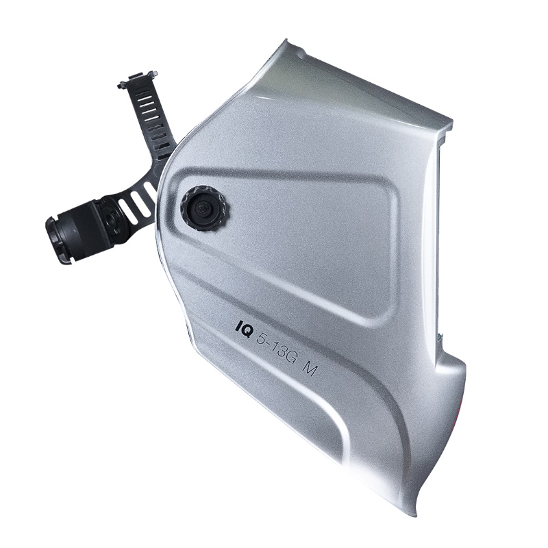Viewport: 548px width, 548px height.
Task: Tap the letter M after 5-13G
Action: coord(310,367)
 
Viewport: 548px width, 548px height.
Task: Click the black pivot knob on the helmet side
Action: coord(205,209)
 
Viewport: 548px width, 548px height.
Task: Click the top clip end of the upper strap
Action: coord(138,79)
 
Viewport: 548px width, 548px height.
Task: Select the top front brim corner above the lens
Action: coord(450,123)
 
